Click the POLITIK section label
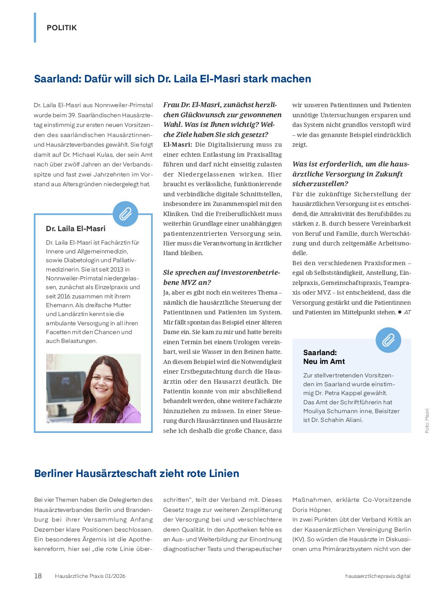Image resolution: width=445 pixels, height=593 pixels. pyautogui.click(x=61, y=28)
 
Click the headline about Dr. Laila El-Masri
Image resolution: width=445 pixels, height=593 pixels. pyautogui.click(x=172, y=79)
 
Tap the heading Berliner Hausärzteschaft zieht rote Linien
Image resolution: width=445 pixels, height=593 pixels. pyautogui.click(x=136, y=473)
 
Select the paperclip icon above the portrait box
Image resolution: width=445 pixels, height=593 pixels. pyautogui.click(x=125, y=214)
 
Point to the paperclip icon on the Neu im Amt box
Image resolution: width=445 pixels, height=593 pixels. pyautogui.click(x=388, y=340)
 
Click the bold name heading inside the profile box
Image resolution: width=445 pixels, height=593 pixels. pyautogui.click(x=76, y=229)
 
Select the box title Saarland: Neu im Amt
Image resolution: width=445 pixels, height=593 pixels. pyautogui.click(x=324, y=357)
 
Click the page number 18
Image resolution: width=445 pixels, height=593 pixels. pyautogui.click(x=38, y=576)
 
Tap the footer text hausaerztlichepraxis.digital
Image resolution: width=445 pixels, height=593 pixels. pyautogui.click(x=378, y=576)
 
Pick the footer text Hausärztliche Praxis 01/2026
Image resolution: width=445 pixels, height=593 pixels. pyautogui.click(x=90, y=576)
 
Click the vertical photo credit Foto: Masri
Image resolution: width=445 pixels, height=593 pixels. pyautogui.click(x=427, y=421)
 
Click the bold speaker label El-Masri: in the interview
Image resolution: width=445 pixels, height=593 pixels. pyautogui.click(x=177, y=145)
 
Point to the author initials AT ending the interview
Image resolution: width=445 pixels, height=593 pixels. pyautogui.click(x=407, y=312)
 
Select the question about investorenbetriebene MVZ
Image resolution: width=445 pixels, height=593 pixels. pyautogui.click(x=221, y=277)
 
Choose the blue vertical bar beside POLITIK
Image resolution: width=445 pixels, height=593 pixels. pyautogui.click(x=35, y=28)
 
